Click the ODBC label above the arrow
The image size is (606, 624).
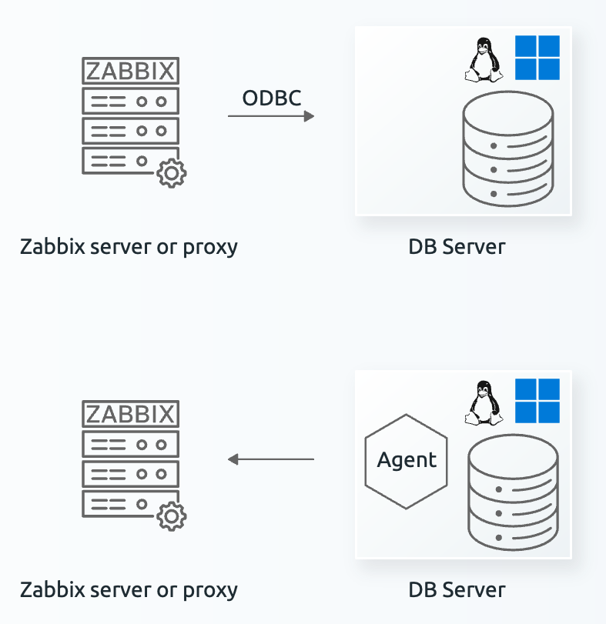pyautogui.click(x=271, y=98)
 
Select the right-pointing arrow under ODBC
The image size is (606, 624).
pyautogui.click(x=271, y=116)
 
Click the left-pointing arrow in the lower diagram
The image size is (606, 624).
pyautogui.click(x=271, y=459)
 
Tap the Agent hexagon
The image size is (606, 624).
pyautogui.click(x=407, y=460)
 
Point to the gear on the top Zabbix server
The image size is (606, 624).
pyautogui.click(x=171, y=173)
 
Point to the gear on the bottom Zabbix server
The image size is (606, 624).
pyautogui.click(x=171, y=516)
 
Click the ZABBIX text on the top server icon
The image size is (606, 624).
pyautogui.click(x=130, y=72)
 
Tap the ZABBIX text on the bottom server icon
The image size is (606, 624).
pyautogui.click(x=130, y=415)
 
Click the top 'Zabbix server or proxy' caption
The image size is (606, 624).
pyautogui.click(x=129, y=248)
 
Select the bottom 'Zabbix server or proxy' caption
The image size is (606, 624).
pyautogui.click(x=129, y=590)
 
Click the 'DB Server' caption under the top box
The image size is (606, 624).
pyautogui.click(x=457, y=247)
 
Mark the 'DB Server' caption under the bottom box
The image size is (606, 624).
pyautogui.click(x=457, y=590)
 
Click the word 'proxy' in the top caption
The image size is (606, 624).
pyautogui.click(x=209, y=249)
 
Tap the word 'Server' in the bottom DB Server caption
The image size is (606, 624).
pyautogui.click(x=474, y=590)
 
